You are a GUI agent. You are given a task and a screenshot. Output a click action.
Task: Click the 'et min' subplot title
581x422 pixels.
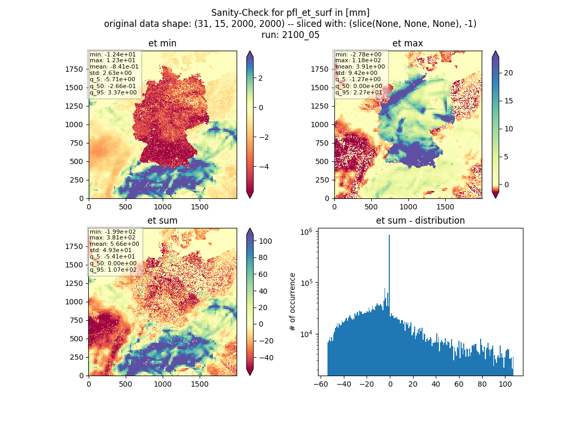(x=162, y=43)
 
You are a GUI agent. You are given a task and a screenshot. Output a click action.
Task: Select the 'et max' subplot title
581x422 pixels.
(x=408, y=43)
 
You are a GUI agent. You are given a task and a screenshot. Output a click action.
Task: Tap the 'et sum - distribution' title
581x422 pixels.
(x=420, y=220)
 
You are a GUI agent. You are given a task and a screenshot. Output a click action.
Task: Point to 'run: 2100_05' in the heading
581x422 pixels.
(x=290, y=35)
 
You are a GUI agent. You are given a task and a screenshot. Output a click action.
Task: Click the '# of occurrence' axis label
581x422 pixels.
(x=293, y=302)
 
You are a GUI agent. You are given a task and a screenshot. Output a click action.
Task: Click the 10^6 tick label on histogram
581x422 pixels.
(x=306, y=232)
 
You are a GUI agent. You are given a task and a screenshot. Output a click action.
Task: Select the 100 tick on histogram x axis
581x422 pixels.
(x=504, y=384)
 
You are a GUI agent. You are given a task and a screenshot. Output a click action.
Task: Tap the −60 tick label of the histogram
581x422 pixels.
(x=321, y=384)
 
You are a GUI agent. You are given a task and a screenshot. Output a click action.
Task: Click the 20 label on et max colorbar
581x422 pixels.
(x=508, y=73)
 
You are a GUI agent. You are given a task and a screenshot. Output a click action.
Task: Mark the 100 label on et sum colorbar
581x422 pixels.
(x=265, y=241)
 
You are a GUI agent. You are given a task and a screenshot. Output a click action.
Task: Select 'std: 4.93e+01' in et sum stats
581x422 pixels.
(x=110, y=250)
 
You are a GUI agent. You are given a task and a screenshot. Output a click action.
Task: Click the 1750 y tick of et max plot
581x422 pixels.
(x=320, y=69)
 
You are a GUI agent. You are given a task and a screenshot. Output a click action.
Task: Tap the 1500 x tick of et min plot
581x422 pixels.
(x=199, y=207)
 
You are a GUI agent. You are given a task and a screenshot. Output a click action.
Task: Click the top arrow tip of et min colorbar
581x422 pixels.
(x=250, y=51)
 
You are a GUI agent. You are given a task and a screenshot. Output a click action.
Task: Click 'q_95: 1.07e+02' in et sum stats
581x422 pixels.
(x=113, y=270)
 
